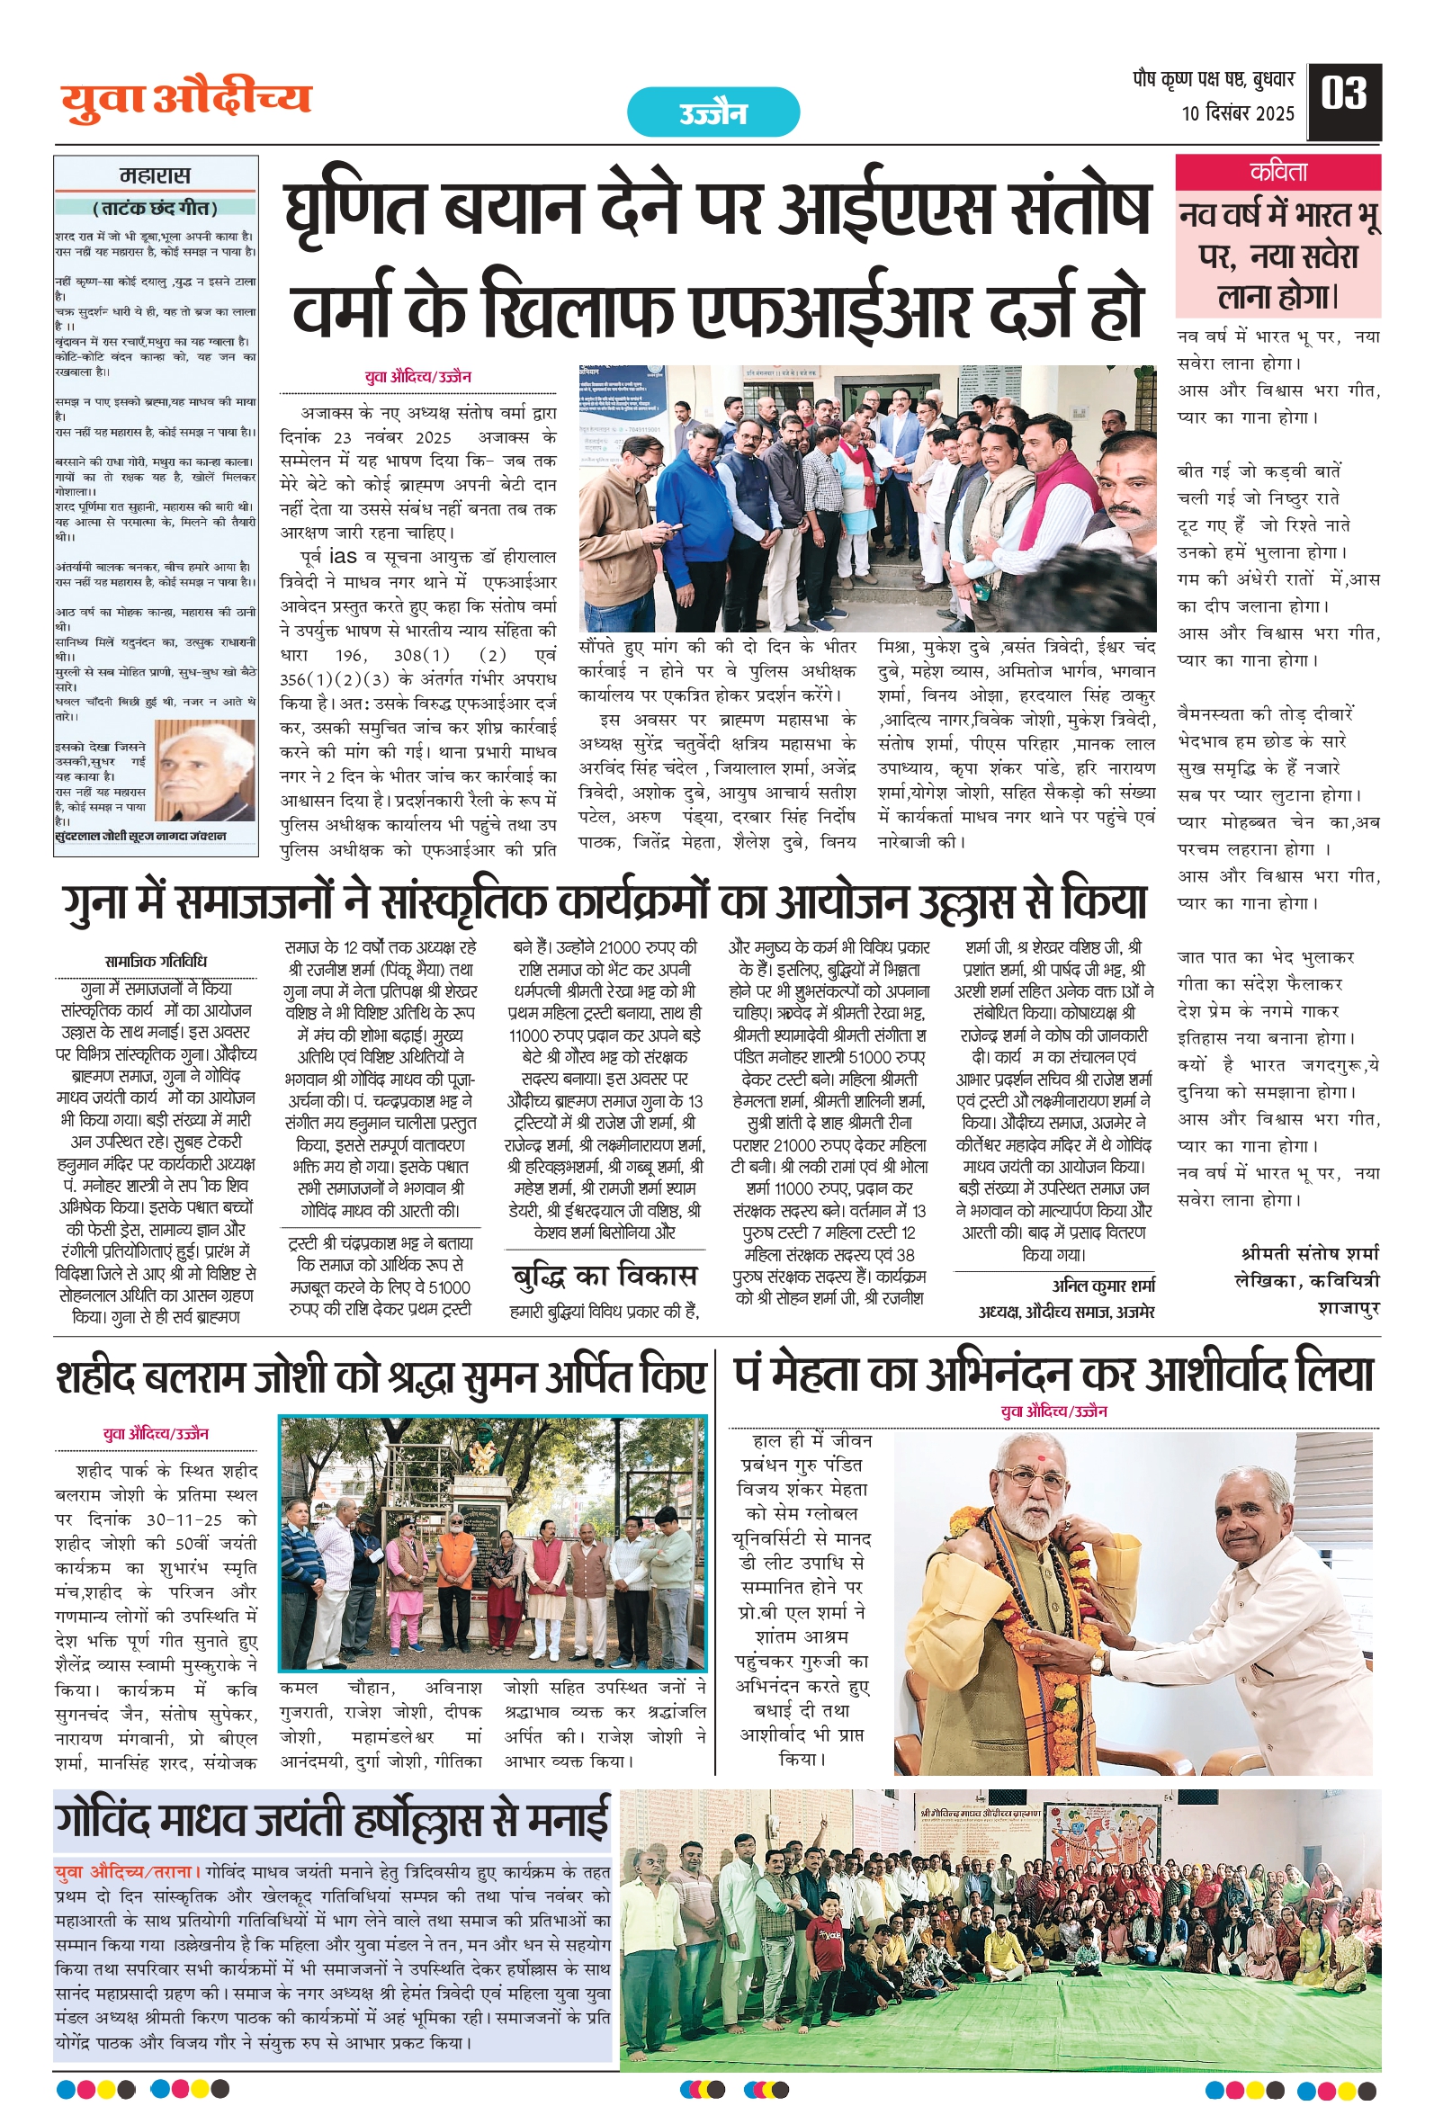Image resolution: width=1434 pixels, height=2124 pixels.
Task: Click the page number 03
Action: (x=1343, y=95)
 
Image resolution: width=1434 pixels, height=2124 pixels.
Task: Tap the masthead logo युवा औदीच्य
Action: (x=186, y=101)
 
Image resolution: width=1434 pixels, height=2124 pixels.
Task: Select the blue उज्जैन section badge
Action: (x=713, y=113)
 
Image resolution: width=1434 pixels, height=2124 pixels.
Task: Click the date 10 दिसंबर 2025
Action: (x=1238, y=113)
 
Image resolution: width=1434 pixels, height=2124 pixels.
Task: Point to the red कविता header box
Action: (x=1277, y=173)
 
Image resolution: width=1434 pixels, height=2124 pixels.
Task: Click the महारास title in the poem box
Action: (x=156, y=176)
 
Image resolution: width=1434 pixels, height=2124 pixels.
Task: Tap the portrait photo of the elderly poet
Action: (x=205, y=771)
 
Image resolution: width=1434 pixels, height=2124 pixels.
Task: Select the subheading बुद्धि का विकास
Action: (x=605, y=1275)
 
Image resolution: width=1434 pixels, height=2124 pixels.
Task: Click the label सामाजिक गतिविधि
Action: (x=156, y=962)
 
